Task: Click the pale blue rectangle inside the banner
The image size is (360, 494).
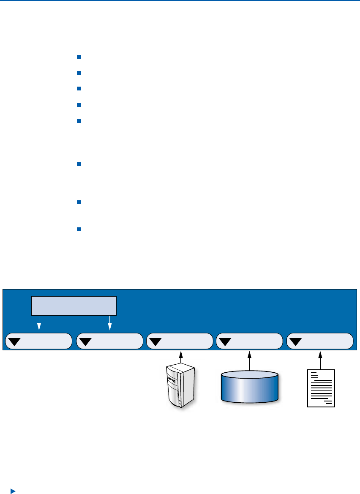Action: (x=74, y=306)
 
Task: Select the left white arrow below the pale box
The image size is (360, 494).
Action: (x=39, y=323)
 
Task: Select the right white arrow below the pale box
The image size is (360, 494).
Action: (x=110, y=323)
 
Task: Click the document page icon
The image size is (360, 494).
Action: (x=321, y=388)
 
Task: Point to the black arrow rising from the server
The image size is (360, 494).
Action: (x=181, y=357)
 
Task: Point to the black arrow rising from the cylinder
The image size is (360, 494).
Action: (x=250, y=360)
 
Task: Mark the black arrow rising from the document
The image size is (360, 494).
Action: (x=321, y=359)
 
